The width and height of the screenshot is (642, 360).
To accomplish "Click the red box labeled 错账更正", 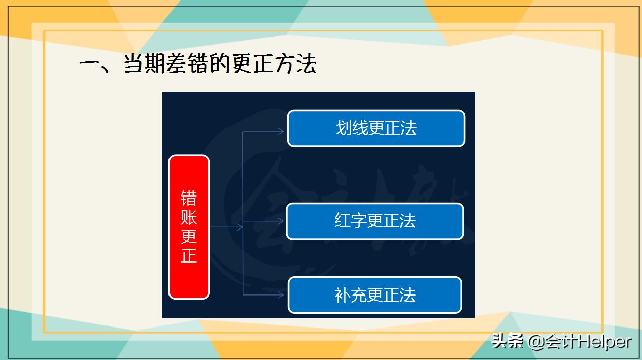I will (189, 227).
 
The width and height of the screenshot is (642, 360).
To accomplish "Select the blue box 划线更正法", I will (376, 128).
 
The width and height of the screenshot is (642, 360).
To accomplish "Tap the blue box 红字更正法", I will (375, 221).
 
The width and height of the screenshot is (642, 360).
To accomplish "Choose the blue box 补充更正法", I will (375, 295).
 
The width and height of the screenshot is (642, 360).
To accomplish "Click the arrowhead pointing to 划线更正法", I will (281, 132).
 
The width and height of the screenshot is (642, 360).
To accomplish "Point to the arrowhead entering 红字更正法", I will (281, 221).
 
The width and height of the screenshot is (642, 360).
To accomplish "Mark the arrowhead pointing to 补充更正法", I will (281, 294).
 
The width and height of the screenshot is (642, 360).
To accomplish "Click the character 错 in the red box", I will (189, 199).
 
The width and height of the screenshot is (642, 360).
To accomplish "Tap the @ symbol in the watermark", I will (536, 342).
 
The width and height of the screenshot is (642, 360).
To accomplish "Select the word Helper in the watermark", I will (604, 342).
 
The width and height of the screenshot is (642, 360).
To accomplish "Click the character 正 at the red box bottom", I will (189, 255).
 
